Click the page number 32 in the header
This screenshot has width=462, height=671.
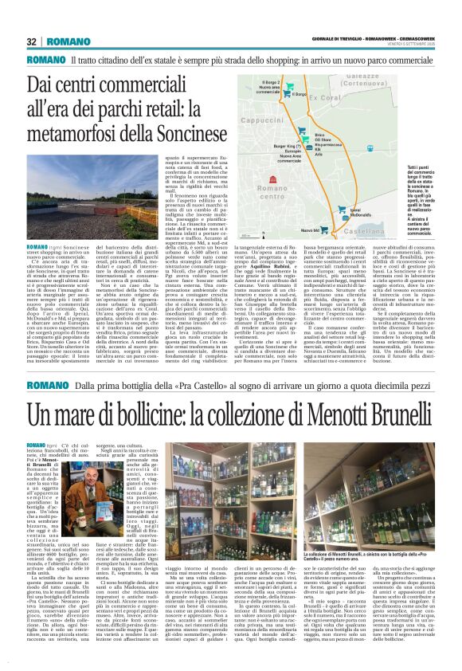click(x=32, y=41)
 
